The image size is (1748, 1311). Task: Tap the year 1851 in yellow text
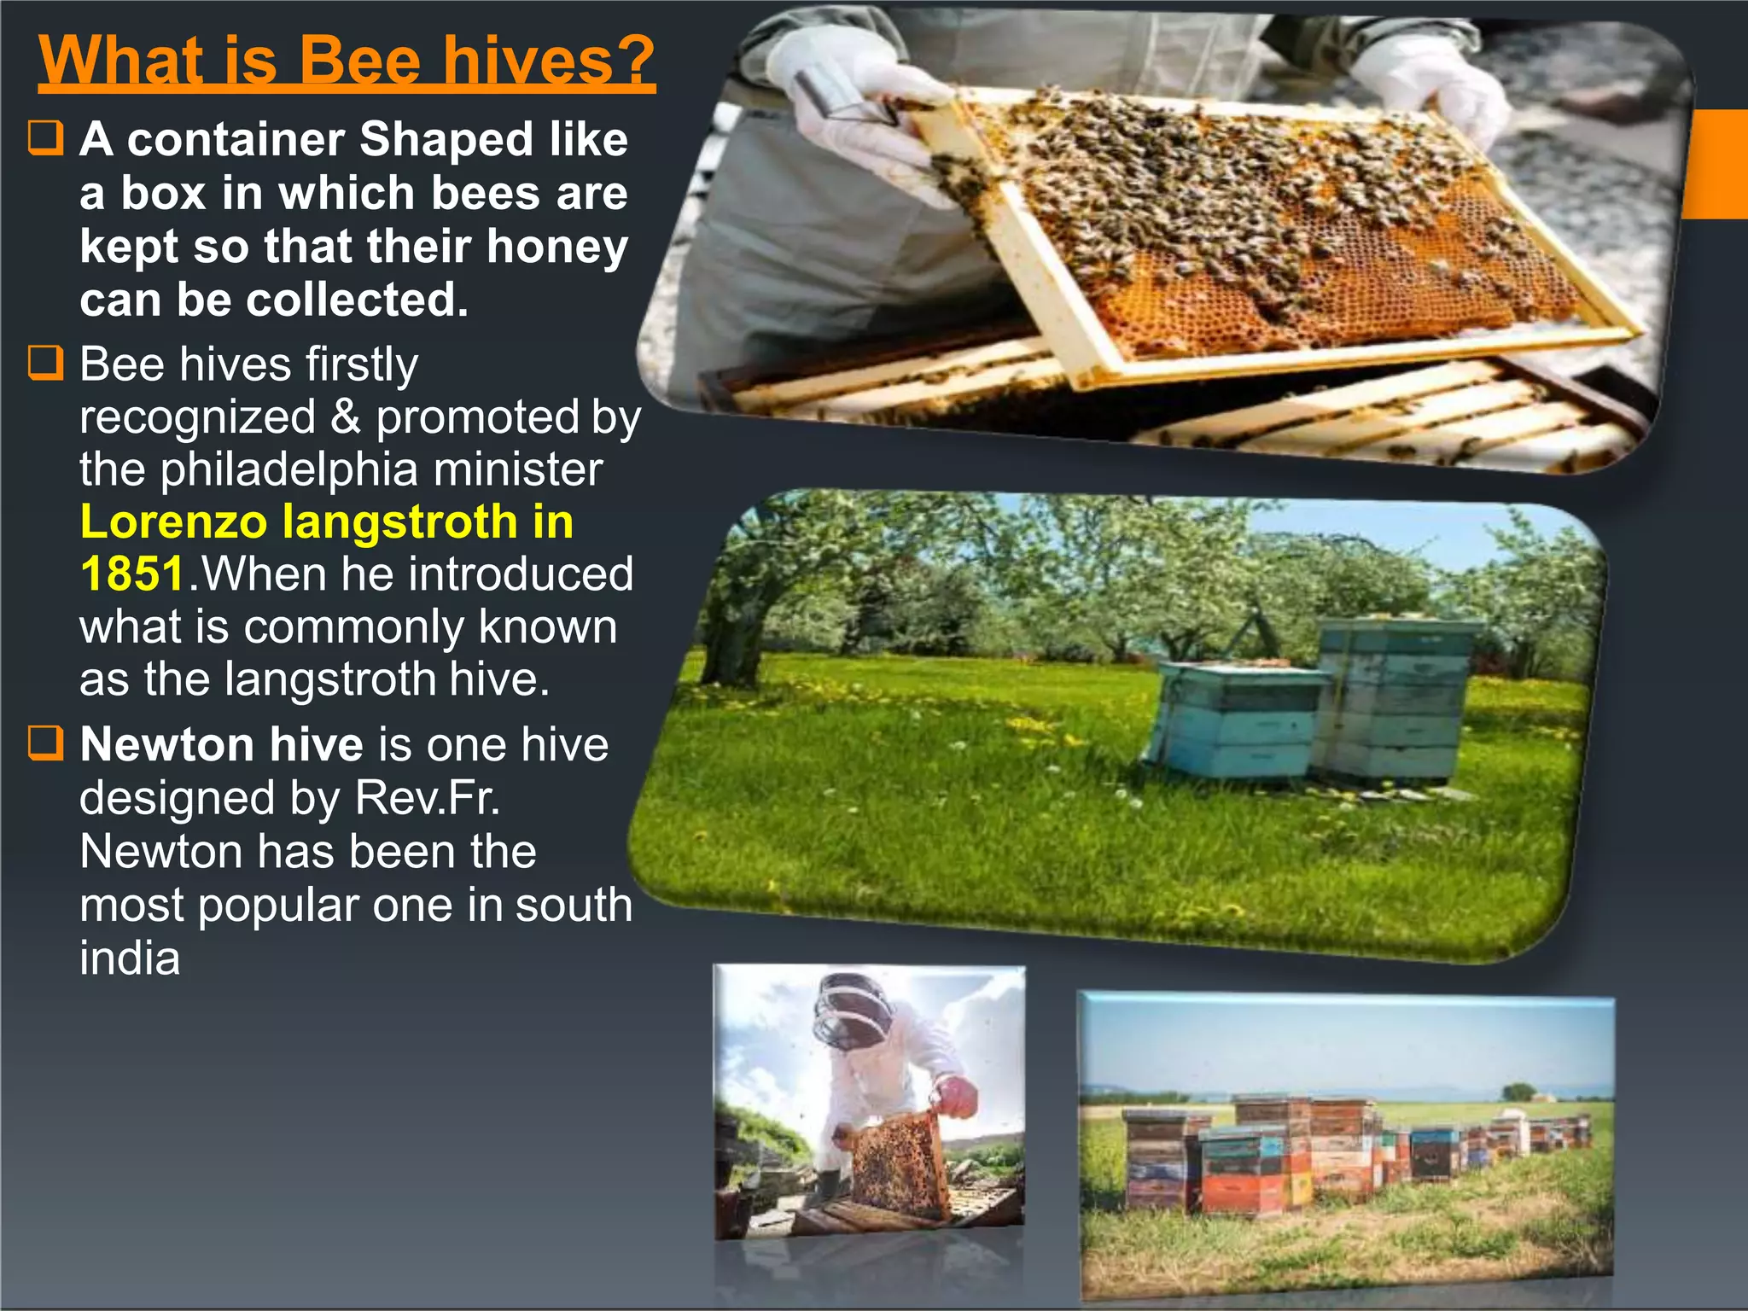(x=132, y=574)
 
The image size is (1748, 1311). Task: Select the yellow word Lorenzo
(x=172, y=521)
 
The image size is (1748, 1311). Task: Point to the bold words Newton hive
(x=222, y=744)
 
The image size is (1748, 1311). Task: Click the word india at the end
(x=130, y=958)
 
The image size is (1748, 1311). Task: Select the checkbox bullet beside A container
(x=46, y=138)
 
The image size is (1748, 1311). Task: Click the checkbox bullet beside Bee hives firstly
(x=46, y=363)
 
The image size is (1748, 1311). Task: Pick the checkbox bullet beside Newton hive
(x=46, y=743)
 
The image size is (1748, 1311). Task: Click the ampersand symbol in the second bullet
(x=345, y=417)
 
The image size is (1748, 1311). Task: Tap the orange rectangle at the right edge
(x=1717, y=164)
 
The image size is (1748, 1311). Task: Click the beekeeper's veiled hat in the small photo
(x=854, y=1011)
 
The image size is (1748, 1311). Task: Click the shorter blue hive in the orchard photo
(x=1233, y=721)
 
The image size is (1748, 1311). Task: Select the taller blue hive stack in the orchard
(x=1391, y=700)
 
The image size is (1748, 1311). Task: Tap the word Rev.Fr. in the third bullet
(x=427, y=798)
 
